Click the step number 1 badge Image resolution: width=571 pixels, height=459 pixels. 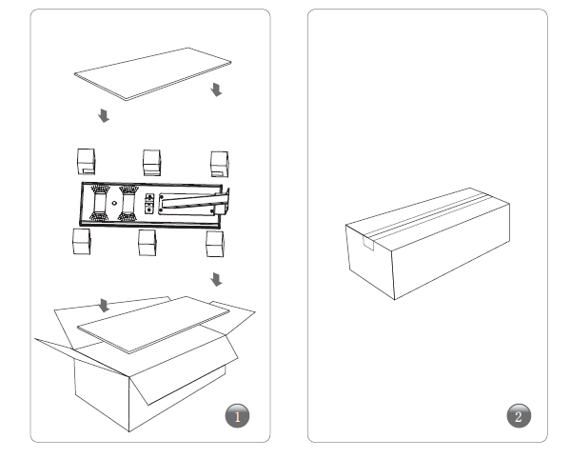(237, 415)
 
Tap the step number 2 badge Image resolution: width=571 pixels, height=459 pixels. (519, 415)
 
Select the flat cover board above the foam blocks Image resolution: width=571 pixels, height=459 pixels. (153, 74)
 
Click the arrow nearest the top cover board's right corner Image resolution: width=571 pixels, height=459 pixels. (216, 90)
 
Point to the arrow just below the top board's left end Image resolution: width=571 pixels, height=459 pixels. (104, 115)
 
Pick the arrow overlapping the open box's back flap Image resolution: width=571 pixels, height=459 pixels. (104, 306)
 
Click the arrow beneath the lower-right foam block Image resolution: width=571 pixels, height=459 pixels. (216, 279)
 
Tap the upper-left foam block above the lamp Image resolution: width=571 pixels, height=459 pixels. (87, 161)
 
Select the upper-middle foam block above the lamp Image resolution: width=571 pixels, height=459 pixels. (152, 163)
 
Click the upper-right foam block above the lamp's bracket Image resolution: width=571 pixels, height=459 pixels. (220, 165)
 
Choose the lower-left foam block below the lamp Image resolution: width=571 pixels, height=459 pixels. (82, 241)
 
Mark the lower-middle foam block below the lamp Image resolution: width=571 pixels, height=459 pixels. (148, 243)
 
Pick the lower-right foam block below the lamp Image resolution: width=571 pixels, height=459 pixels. (215, 244)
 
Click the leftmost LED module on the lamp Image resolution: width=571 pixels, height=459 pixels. (100, 203)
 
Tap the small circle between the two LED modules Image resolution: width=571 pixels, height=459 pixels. (114, 203)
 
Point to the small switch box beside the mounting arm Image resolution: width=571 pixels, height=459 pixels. (149, 204)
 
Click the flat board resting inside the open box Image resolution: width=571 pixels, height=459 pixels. (153, 324)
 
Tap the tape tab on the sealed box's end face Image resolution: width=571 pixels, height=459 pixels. (368, 244)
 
